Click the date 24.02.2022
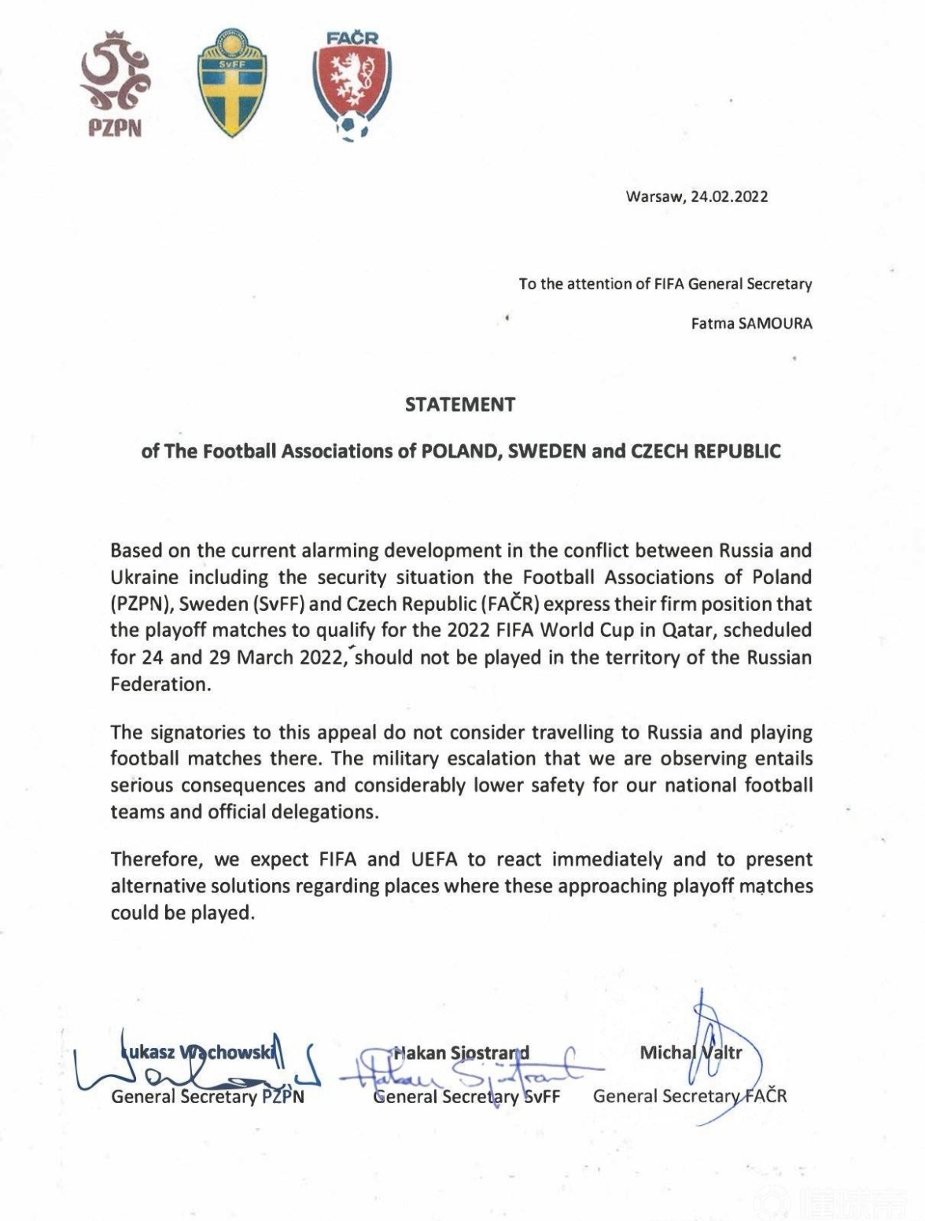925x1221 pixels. tap(729, 197)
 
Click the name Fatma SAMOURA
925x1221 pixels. tap(751, 323)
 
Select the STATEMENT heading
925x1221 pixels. tap(460, 405)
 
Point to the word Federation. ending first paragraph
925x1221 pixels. tap(161, 684)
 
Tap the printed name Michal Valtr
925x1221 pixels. tap(691, 1052)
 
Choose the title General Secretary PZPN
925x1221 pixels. tap(208, 1096)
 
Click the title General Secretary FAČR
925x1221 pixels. tap(690, 1095)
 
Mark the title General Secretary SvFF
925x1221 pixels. tap(466, 1096)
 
